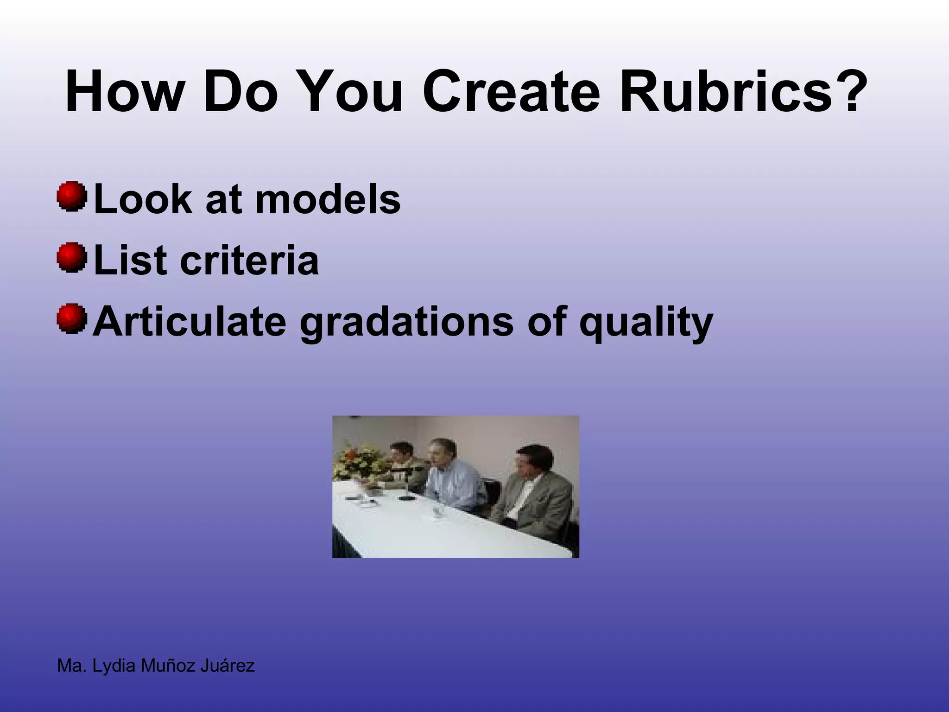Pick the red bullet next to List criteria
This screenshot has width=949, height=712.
pos(72,257)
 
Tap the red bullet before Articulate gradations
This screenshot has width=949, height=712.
pos(72,318)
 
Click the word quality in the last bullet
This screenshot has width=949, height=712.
pos(645,323)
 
